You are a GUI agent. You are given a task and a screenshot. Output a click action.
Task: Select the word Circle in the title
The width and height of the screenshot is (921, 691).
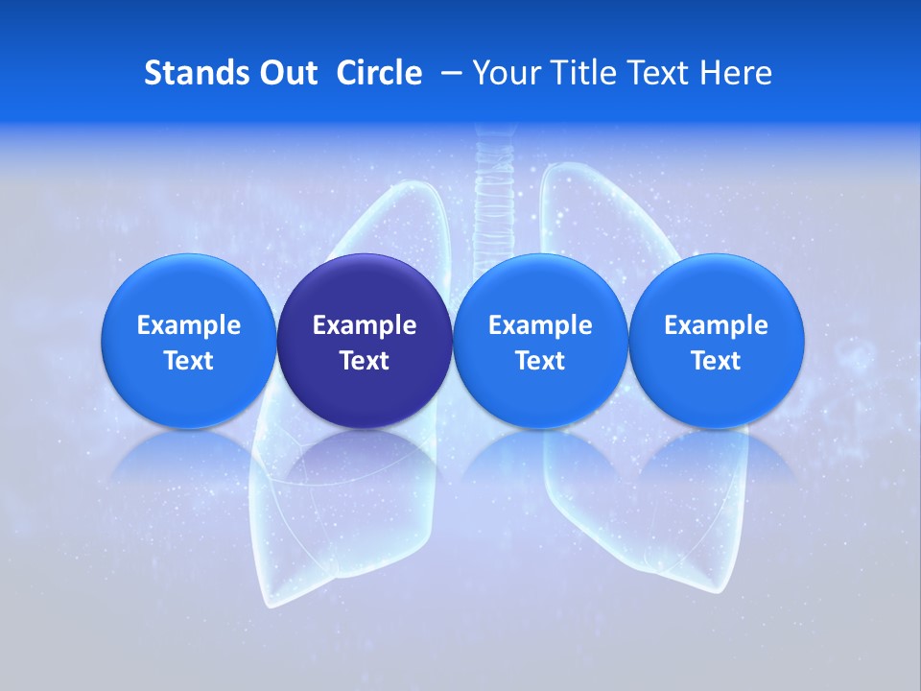click(379, 73)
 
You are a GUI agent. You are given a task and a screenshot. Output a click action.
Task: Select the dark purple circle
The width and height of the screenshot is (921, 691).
click(365, 341)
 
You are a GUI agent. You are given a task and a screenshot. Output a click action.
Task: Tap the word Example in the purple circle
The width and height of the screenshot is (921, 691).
click(365, 325)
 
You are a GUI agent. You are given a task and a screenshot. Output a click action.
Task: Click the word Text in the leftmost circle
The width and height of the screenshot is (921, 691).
click(189, 361)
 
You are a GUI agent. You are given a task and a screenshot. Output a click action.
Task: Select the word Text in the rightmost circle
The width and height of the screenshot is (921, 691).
click(717, 361)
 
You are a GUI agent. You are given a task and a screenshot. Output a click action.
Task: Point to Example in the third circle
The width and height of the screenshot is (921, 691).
click(540, 325)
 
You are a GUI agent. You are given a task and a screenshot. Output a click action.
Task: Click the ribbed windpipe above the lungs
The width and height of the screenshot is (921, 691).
click(493, 182)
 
